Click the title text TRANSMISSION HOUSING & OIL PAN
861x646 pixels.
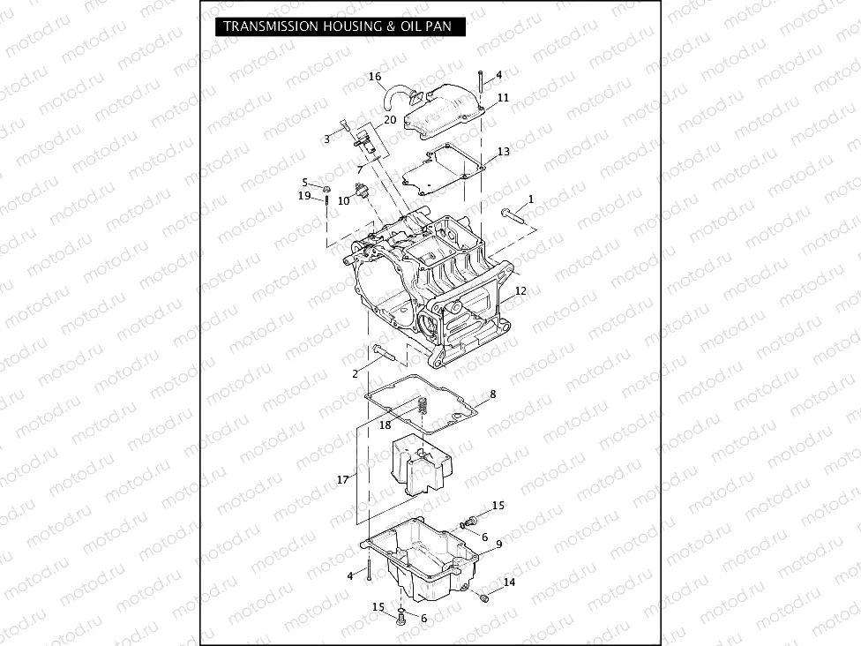tap(337, 26)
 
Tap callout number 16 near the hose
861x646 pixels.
tap(375, 78)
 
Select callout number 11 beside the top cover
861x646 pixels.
tap(503, 98)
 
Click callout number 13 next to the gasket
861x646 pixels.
tap(503, 152)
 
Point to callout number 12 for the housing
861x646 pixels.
tap(520, 290)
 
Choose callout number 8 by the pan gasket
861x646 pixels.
tap(492, 394)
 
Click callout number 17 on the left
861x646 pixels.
tap(342, 479)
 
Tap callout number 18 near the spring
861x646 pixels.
tap(385, 424)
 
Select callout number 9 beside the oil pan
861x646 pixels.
tap(498, 545)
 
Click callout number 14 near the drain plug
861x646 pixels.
tap(509, 582)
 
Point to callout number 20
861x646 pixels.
tap(389, 119)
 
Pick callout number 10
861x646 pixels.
tap(344, 200)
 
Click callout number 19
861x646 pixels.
tap(304, 195)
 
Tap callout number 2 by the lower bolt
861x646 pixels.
tap(355, 374)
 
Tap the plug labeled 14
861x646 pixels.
tap(483, 599)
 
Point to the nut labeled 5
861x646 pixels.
tap(326, 188)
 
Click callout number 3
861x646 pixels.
tap(326, 139)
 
